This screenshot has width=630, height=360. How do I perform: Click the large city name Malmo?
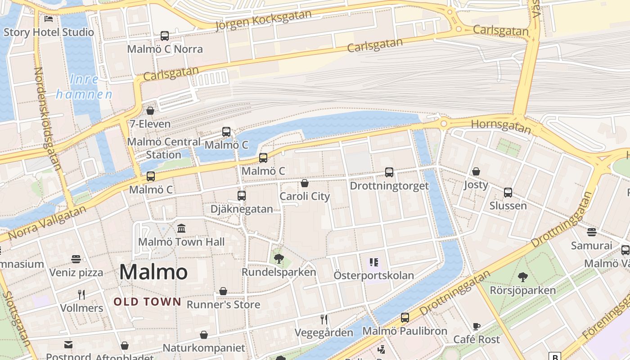coord(153,272)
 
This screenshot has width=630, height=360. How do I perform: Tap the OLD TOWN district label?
coord(147,301)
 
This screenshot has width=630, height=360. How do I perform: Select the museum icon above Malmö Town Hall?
coord(181,229)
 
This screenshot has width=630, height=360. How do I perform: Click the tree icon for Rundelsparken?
coord(279,259)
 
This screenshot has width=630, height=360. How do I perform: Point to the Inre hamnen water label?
coord(84,87)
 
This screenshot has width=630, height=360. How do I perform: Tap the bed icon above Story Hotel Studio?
coord(49,19)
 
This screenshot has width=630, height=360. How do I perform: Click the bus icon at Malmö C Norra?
coord(165,36)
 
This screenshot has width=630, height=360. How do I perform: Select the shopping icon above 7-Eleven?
coord(150,111)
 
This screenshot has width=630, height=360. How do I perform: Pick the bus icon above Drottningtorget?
coord(389,172)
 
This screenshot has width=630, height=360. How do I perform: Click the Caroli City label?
coord(305,196)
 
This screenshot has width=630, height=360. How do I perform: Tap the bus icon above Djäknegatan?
coord(242,196)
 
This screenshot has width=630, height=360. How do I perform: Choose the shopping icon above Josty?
coord(476,171)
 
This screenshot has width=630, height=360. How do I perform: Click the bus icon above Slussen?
coord(508,193)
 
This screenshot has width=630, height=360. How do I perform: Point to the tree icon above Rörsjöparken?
coord(522,277)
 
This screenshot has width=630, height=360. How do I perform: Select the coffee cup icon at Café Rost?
coord(477,326)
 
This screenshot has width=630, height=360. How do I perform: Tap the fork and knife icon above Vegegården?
coord(324,319)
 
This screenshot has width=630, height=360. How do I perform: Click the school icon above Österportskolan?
coord(373,262)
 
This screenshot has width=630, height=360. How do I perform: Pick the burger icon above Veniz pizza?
coord(76,259)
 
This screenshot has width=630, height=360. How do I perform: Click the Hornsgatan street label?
coord(501,126)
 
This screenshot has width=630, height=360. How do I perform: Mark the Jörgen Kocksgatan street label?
coord(264,20)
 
